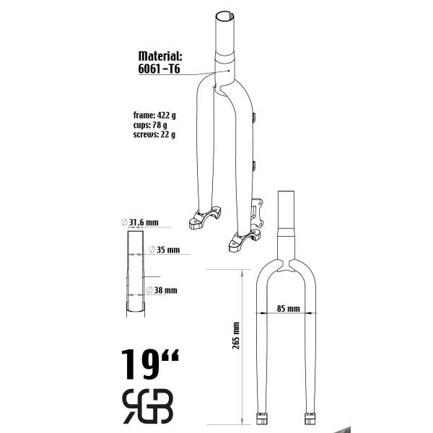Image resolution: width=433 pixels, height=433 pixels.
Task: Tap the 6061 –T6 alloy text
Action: point(159,69)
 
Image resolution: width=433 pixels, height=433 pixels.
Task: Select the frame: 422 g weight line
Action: point(154,115)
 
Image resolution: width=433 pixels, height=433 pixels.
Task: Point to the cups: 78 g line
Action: point(150,125)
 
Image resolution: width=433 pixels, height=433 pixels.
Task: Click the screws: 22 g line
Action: point(154,134)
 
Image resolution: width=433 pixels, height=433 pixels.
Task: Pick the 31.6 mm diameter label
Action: point(140,222)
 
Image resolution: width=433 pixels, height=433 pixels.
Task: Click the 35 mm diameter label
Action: point(165,250)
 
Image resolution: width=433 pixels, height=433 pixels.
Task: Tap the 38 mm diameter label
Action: point(162,290)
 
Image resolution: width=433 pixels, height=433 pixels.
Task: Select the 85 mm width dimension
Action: point(288,308)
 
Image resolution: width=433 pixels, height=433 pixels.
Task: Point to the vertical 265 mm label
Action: point(236,336)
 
